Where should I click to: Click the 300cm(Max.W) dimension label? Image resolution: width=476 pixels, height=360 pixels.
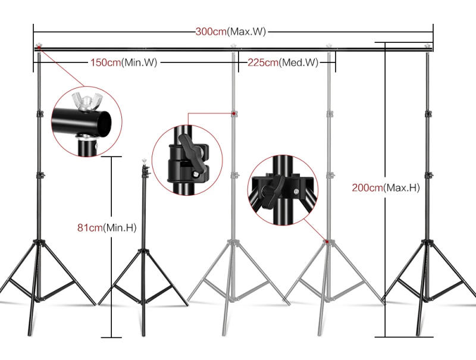231,32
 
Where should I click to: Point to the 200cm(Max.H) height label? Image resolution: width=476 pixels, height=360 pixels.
386,187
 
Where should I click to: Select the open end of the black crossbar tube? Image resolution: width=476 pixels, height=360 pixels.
105,123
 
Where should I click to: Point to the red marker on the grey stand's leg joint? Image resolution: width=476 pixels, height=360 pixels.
326,241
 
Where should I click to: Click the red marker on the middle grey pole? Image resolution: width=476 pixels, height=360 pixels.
233,113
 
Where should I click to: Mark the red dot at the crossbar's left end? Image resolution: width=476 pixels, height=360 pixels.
39,49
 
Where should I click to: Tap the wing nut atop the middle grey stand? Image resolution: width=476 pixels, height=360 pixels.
233,46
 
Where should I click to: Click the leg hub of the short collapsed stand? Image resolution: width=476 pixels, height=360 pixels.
143,253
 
